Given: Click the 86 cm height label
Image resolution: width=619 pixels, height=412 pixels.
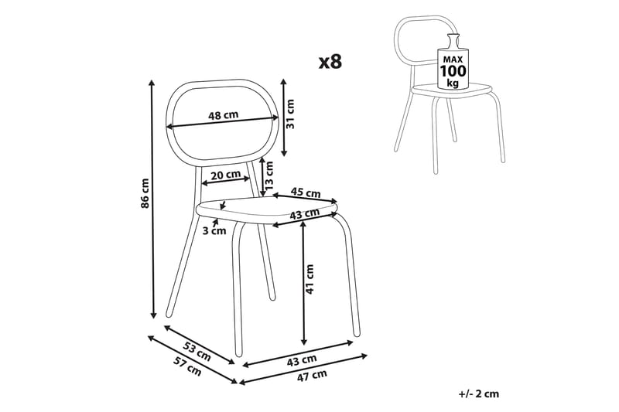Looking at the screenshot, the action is (145, 193).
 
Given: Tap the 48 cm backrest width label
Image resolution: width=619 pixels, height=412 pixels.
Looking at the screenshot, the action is (224, 115).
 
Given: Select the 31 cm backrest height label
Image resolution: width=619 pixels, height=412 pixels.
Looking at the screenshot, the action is (290, 114).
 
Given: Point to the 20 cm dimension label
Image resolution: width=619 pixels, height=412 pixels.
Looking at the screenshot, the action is (225, 174).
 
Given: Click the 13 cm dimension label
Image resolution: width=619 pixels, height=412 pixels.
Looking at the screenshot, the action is (268, 175).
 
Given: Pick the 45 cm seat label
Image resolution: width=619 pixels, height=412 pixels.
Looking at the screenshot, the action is (306, 192).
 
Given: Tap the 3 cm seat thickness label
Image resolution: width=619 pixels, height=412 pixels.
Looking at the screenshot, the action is (214, 230).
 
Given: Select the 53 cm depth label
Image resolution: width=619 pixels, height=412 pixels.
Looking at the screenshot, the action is (197, 351).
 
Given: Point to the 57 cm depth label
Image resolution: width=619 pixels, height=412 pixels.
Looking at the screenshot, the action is (187, 366).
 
